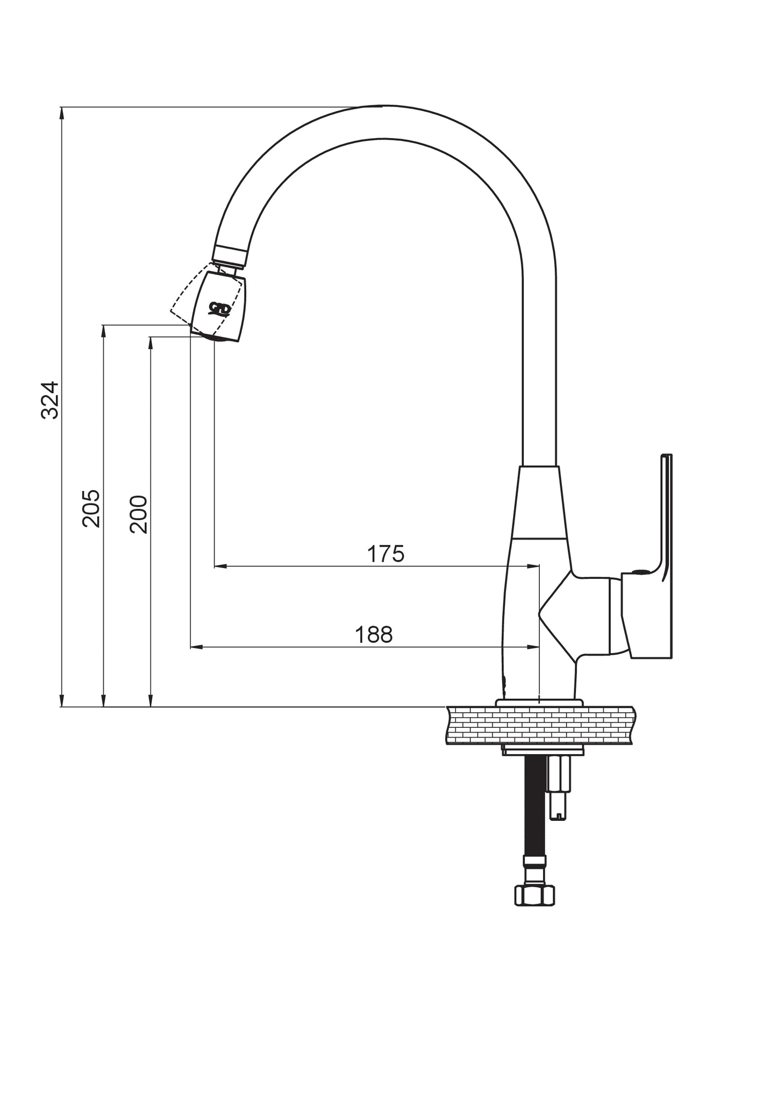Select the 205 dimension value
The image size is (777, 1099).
(91, 508)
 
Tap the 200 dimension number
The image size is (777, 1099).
(138, 514)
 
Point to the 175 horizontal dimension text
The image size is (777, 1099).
(386, 554)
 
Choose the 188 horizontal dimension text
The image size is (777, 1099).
(374, 635)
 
